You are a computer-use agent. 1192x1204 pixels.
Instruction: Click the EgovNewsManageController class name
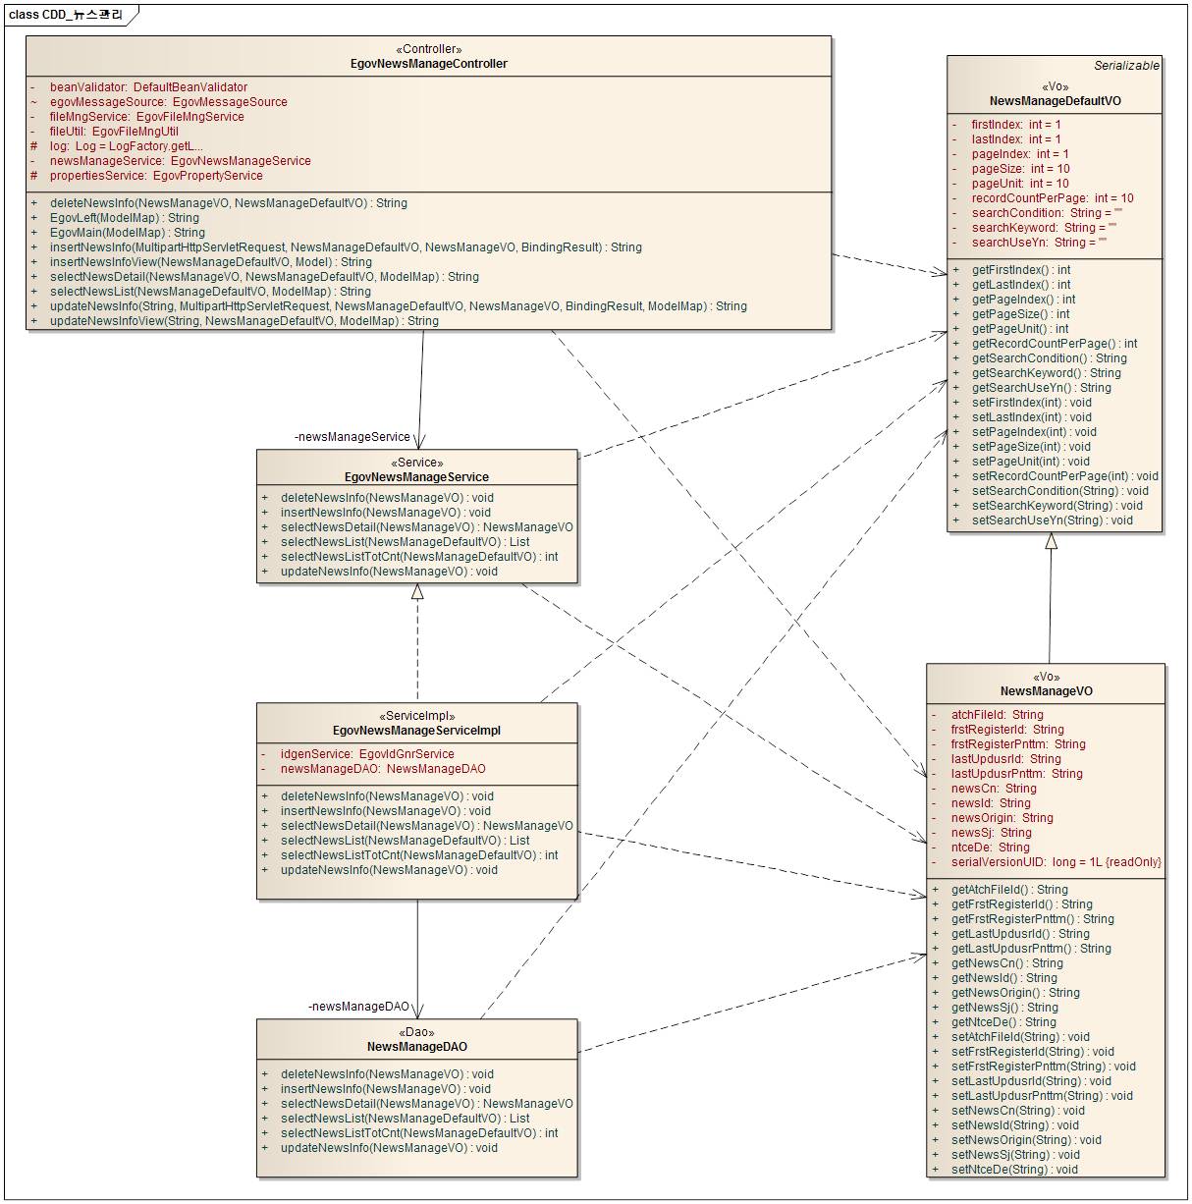tap(428, 64)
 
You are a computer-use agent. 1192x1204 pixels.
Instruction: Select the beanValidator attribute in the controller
tap(148, 87)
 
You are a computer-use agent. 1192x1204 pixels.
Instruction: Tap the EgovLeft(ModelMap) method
tap(124, 218)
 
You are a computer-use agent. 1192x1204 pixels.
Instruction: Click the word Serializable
tap(1126, 66)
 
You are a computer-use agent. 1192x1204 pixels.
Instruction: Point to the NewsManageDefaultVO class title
tap(1055, 101)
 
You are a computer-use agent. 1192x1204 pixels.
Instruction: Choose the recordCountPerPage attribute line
tap(1052, 198)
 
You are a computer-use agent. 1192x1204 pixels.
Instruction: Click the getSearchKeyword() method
tap(1046, 373)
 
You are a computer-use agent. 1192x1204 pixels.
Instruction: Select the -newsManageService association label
tap(352, 437)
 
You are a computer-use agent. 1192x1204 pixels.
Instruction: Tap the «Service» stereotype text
tap(416, 463)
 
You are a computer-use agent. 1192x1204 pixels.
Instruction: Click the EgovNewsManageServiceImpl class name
tap(416, 731)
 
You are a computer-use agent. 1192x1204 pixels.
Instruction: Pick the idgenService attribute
tap(367, 754)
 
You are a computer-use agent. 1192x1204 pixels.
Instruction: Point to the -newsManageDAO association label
tap(358, 1007)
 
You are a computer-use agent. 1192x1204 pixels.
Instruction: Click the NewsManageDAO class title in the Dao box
tap(416, 1047)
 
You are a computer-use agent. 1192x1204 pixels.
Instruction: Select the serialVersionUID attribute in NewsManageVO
tap(1056, 862)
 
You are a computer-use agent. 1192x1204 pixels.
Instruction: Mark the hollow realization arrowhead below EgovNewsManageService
tap(417, 591)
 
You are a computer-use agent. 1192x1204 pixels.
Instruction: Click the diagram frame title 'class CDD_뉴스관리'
tap(66, 15)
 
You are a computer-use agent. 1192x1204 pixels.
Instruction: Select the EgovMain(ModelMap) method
tap(127, 233)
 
